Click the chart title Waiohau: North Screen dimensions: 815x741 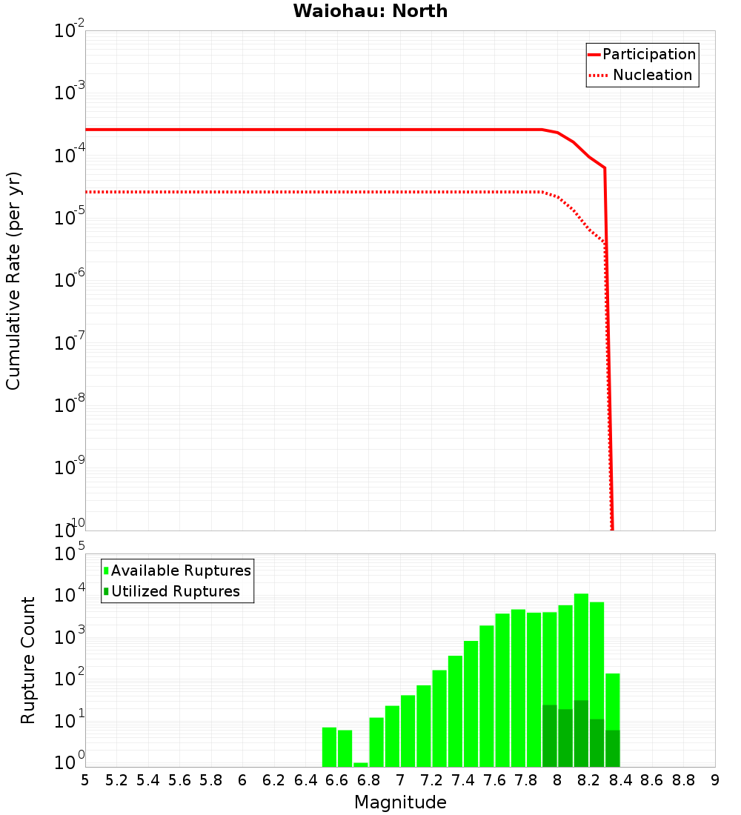point(370,11)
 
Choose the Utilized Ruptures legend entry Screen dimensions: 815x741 point(175,591)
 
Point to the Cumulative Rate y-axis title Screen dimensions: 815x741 point(13,280)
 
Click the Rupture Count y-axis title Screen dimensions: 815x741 point(28,660)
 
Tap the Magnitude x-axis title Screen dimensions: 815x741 point(400,802)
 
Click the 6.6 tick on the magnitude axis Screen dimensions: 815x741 point(336,780)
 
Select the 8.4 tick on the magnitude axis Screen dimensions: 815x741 point(620,780)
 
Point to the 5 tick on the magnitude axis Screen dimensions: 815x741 point(85,780)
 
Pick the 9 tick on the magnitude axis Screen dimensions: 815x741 point(715,780)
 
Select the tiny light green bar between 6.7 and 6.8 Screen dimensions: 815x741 point(360,765)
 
